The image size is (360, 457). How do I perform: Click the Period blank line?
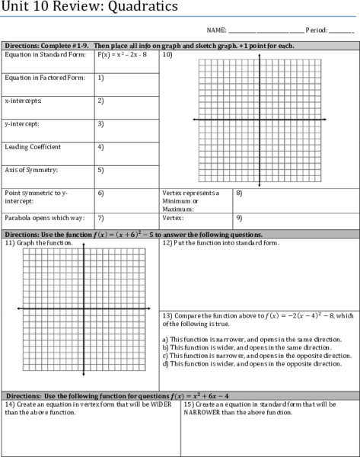tap(342, 31)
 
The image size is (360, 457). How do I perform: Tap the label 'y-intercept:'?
tap(22, 123)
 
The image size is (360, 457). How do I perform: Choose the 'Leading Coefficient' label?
tap(33, 146)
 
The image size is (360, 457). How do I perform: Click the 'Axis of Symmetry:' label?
tap(31, 170)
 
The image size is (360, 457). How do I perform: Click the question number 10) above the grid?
tap(167, 56)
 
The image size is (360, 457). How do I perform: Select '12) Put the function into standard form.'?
tap(221, 243)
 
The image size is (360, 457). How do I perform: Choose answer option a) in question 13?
tap(251, 339)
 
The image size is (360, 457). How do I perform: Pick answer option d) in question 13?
tap(252, 364)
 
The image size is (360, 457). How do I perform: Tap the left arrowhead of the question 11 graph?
tap(18, 308)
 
